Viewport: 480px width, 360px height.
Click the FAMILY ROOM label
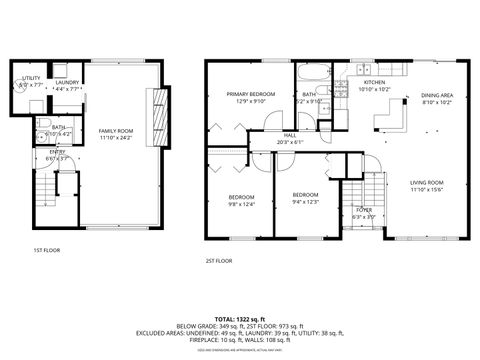(116, 131)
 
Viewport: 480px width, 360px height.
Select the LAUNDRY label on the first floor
(67, 83)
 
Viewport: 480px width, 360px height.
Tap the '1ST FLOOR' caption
(47, 249)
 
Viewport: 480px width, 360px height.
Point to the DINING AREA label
(437, 94)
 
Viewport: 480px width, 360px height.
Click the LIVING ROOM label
(428, 182)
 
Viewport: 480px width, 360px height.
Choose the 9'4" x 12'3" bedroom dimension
(305, 202)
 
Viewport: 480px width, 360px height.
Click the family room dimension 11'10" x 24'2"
(116, 138)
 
